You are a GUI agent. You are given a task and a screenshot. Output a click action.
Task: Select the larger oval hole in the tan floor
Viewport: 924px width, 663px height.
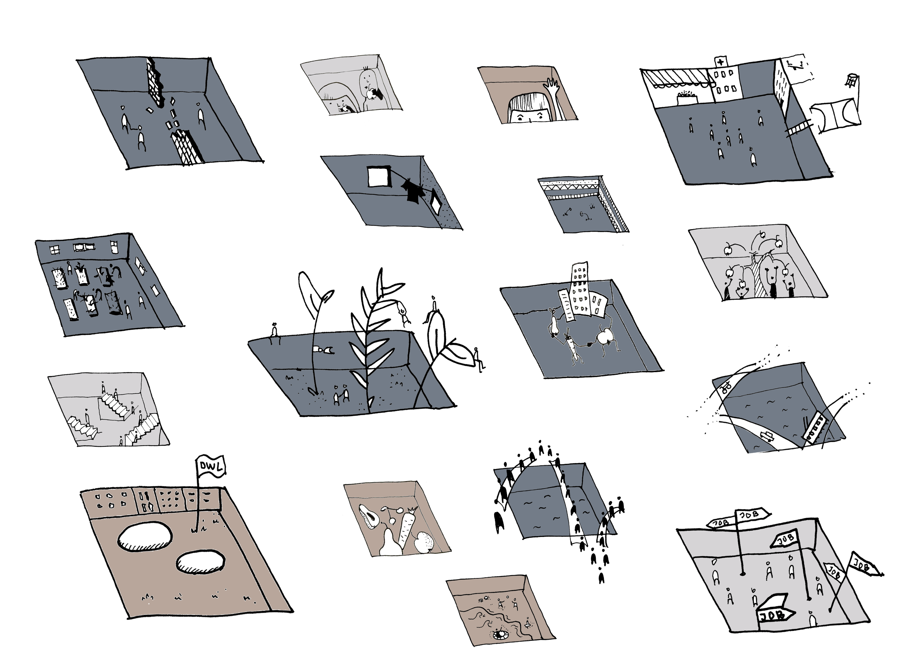144,537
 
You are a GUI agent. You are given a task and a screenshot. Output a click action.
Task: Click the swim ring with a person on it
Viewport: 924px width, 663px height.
498,634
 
